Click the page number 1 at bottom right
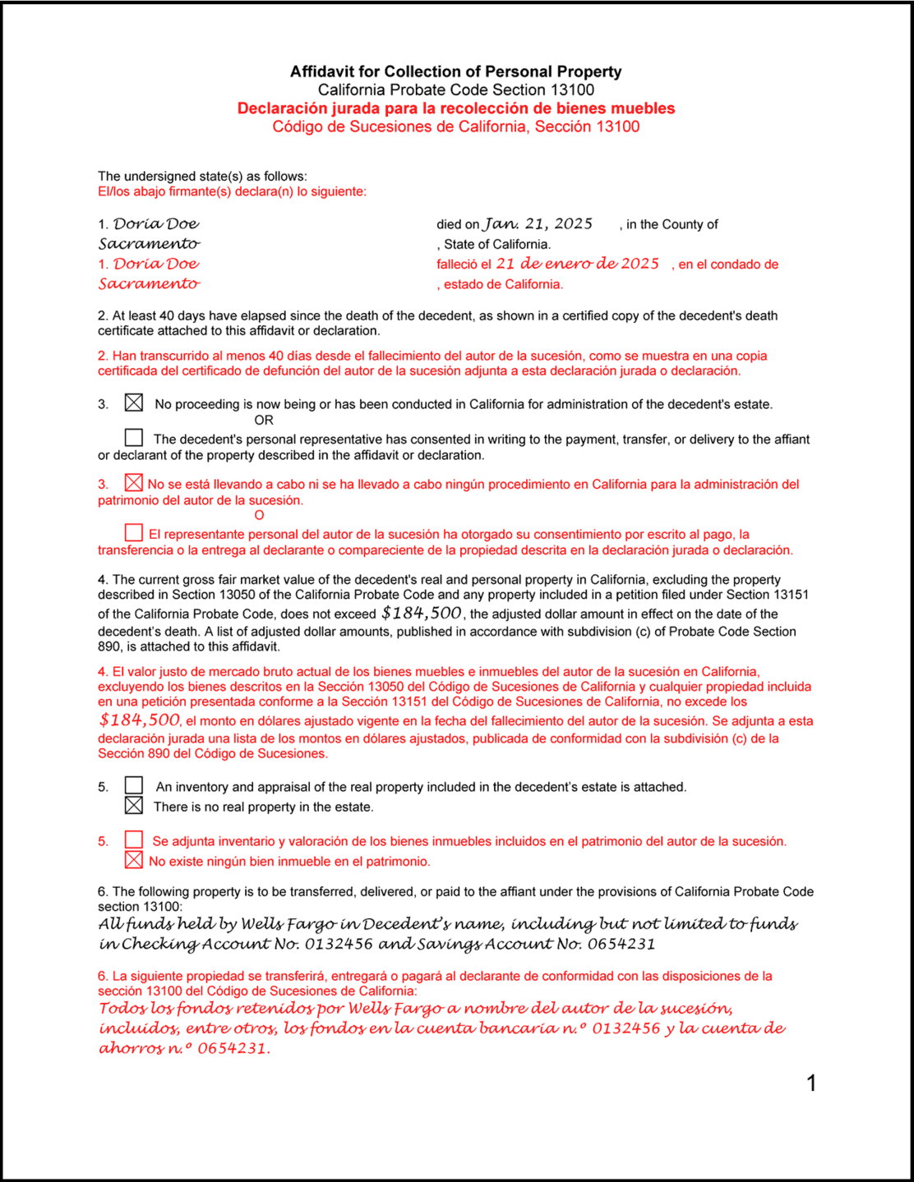pyautogui.click(x=811, y=1083)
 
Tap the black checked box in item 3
pyautogui.click(x=134, y=402)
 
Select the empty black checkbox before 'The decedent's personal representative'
pyautogui.click(x=134, y=438)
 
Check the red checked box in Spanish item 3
pyautogui.click(x=134, y=483)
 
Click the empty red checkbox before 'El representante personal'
pyautogui.click(x=134, y=533)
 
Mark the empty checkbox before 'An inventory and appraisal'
pyautogui.click(x=134, y=786)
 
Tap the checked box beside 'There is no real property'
pyautogui.click(x=134, y=806)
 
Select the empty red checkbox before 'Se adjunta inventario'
pyautogui.click(x=134, y=839)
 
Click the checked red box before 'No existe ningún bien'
pyautogui.click(x=134, y=860)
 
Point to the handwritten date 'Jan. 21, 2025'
pyautogui.click(x=538, y=224)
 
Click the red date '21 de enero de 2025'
pyautogui.click(x=577, y=264)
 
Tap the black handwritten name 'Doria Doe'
pyautogui.click(x=156, y=224)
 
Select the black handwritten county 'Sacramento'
pyautogui.click(x=149, y=244)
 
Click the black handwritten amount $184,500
pyautogui.click(x=422, y=613)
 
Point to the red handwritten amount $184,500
pyautogui.click(x=139, y=720)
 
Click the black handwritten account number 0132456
pyautogui.click(x=339, y=944)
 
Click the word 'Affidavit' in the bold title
pyautogui.click(x=322, y=71)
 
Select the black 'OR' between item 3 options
pyautogui.click(x=263, y=420)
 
